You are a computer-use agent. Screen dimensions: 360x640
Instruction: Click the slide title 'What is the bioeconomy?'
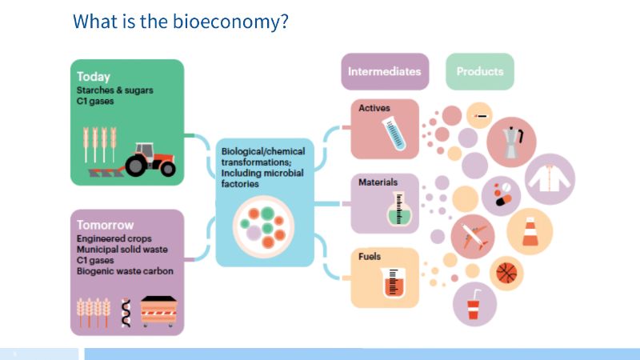pos(180,22)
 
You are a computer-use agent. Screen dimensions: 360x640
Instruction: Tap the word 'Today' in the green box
pos(94,78)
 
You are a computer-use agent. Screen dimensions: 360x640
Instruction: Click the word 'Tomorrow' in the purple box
pos(106,225)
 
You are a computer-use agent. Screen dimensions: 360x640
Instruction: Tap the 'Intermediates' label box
pos(384,71)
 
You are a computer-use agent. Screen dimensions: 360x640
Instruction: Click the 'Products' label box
pos(480,71)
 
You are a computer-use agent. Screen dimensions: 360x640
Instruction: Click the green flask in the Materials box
pos(395,210)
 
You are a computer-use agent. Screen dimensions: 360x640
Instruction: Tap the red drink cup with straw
pos(474,305)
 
